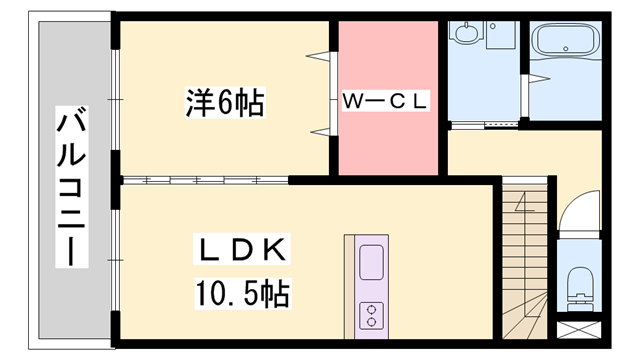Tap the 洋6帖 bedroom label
(x=224, y=103)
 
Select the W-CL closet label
(x=385, y=101)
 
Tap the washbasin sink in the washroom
(x=465, y=36)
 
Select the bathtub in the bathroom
(x=565, y=42)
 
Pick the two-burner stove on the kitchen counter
(x=370, y=314)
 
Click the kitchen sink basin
(x=370, y=263)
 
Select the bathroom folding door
(x=527, y=91)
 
